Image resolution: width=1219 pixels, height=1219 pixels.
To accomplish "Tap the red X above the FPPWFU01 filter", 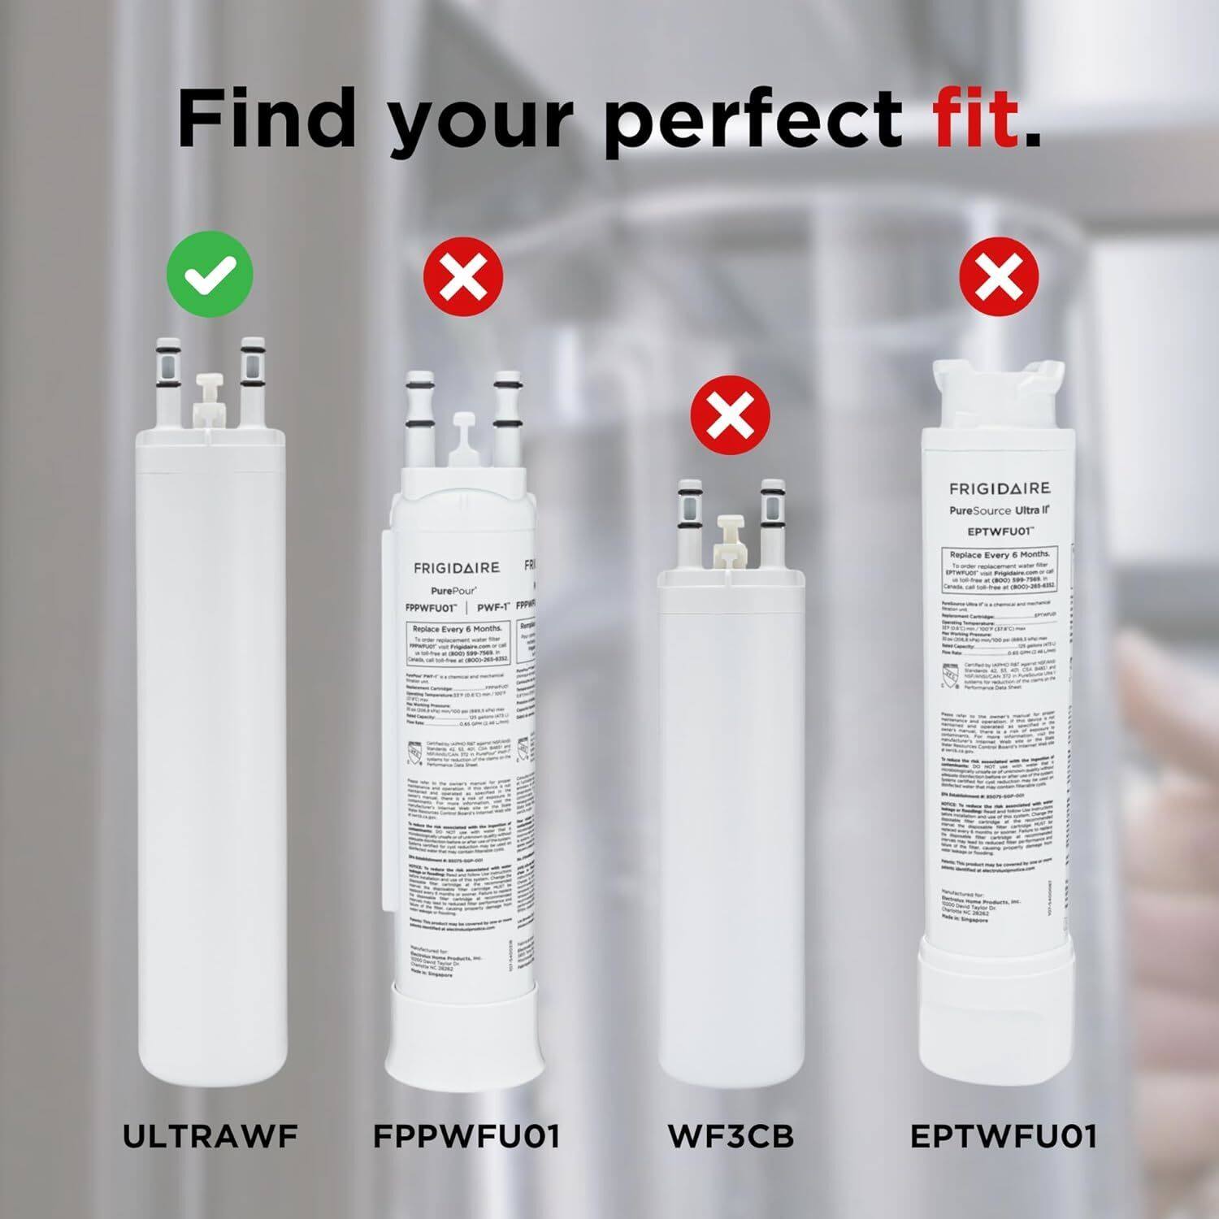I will (463, 275).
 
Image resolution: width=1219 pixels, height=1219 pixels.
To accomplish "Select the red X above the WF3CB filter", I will (730, 416).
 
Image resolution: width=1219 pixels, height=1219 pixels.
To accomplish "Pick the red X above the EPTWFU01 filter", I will (999, 275).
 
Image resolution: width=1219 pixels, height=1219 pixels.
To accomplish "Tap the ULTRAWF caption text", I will (210, 1136).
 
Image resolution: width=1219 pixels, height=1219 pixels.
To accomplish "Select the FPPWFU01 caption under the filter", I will (466, 1136).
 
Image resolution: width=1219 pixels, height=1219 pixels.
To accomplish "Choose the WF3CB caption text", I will (731, 1136).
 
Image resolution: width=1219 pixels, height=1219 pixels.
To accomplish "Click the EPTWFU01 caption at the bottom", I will (1003, 1136).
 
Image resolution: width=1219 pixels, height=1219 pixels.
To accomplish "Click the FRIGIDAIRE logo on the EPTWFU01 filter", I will (1000, 488).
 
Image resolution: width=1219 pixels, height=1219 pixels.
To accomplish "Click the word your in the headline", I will (481, 122).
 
